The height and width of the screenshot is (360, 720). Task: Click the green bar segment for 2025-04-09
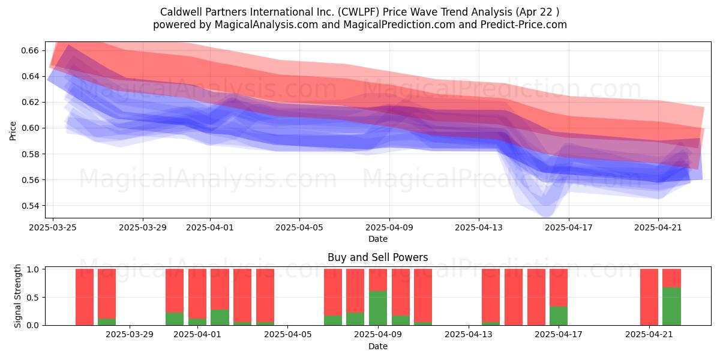point(378,308)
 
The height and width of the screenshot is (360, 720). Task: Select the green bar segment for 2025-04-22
point(672,307)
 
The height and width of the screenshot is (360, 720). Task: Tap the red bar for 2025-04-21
point(649,297)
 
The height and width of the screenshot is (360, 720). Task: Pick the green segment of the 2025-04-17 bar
point(559,316)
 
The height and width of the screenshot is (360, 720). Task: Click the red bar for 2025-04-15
point(514,297)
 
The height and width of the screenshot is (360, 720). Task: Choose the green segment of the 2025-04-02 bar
point(220,317)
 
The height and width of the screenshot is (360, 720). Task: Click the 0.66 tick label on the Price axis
point(30,50)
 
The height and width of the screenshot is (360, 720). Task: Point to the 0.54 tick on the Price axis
point(30,206)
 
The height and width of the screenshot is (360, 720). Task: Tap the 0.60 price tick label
point(30,128)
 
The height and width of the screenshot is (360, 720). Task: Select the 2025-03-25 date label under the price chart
point(53,227)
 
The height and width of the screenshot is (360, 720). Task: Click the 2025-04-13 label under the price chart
point(479,227)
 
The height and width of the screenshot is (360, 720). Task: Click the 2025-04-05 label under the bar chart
point(287,335)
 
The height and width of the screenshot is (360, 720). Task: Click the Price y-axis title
point(13,131)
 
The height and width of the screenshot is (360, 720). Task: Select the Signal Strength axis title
point(17,296)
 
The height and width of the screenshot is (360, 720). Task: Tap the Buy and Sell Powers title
point(377,257)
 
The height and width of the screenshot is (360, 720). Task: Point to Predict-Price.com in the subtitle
point(524,25)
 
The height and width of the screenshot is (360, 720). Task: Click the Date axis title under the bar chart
point(377,347)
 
